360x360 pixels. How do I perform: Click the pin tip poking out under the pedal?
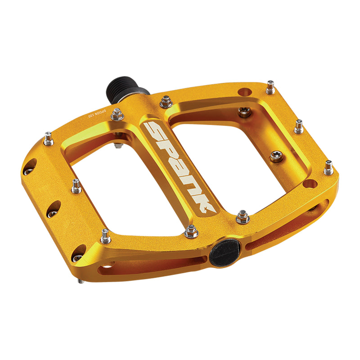(x=80, y=281)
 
